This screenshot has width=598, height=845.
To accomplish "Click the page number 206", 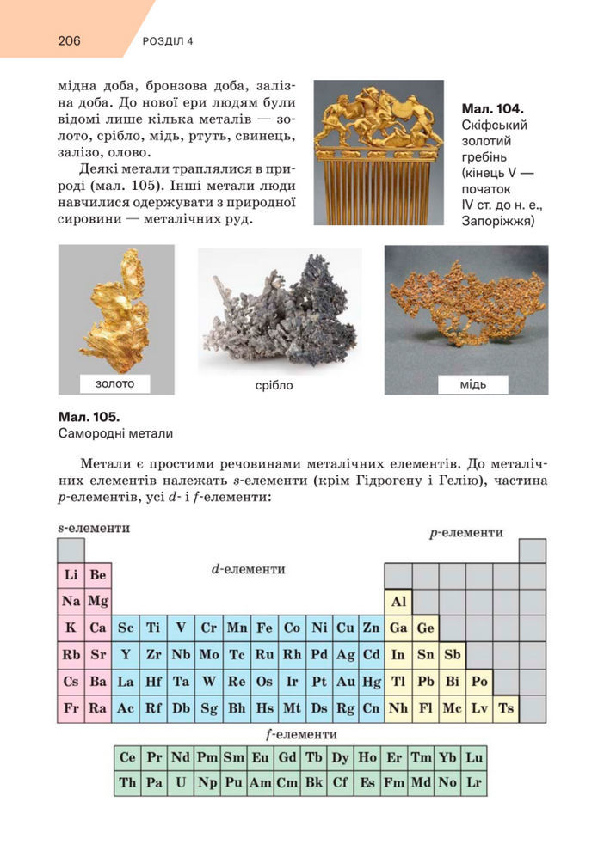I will click(x=70, y=40).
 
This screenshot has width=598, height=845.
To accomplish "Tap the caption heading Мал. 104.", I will click(x=492, y=109).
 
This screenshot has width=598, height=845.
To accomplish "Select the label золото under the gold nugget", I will click(x=115, y=383).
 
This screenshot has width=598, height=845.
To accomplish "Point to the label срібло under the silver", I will click(x=274, y=385).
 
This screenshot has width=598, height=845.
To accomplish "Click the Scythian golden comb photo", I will click(x=379, y=153).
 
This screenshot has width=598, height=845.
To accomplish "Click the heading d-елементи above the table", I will click(x=248, y=569).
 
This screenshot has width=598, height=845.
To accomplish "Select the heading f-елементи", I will click(x=300, y=735).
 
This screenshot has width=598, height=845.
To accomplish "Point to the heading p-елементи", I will click(x=466, y=533).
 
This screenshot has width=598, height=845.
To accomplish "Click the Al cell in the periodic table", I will click(x=398, y=601).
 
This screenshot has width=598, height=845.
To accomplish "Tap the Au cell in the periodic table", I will click(x=345, y=682).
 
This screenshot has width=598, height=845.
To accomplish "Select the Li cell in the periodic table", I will click(x=71, y=574).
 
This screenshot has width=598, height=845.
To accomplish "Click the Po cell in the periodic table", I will click(x=479, y=682).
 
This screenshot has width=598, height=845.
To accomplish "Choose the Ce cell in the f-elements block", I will click(x=127, y=757).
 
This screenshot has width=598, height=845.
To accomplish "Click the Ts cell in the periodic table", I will click(x=506, y=708).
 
